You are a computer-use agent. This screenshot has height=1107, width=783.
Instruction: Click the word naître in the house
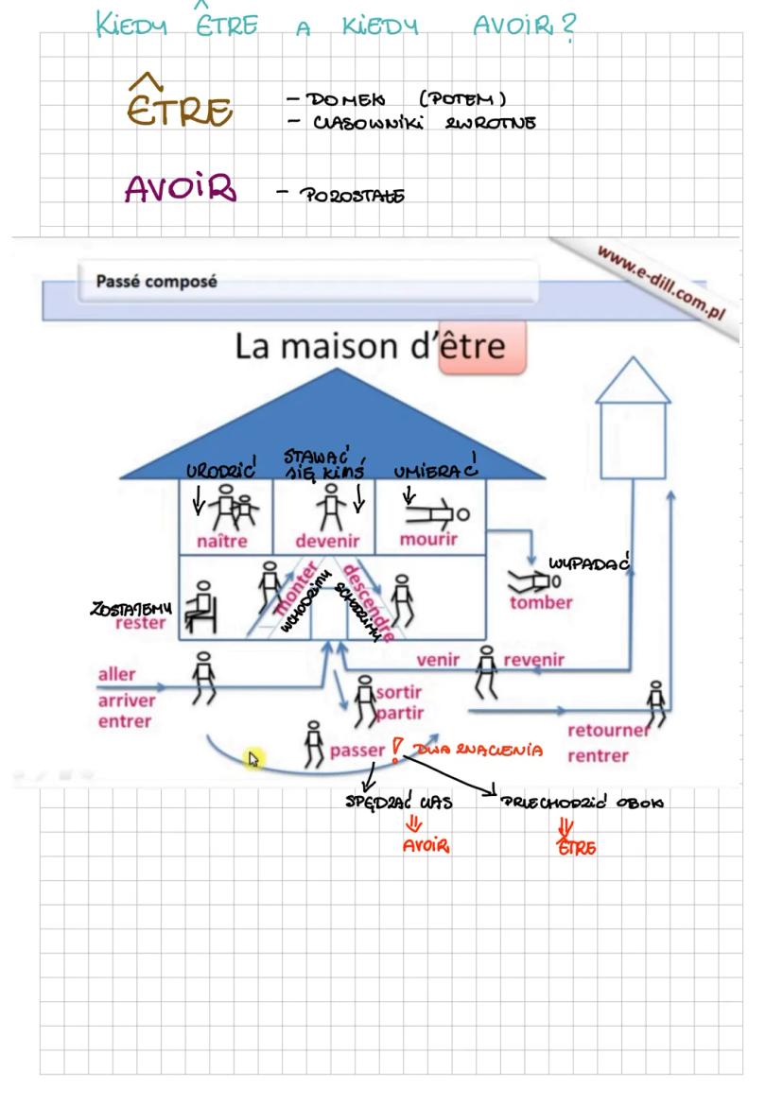point(221,542)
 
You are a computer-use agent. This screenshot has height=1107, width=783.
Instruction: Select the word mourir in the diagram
point(427,540)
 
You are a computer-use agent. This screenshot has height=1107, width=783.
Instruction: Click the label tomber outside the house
point(541,602)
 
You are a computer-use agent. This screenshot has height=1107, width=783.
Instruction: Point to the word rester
point(140,623)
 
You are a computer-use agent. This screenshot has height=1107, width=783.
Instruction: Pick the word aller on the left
point(116,675)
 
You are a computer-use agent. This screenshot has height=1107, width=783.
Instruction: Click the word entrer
point(124,721)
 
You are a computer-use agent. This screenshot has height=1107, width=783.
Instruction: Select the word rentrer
point(598,755)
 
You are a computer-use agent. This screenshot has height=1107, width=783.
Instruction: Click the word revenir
point(533,660)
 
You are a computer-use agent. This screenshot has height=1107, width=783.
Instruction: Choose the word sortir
point(398,692)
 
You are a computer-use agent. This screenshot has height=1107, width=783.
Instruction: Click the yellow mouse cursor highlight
point(252,758)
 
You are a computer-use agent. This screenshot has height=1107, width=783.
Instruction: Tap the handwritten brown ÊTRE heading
point(179,106)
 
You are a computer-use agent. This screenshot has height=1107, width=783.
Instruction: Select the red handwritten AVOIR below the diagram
point(426,846)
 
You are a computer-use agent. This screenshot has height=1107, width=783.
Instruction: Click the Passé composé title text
point(157,282)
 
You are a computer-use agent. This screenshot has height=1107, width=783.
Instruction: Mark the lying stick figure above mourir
point(434,512)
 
